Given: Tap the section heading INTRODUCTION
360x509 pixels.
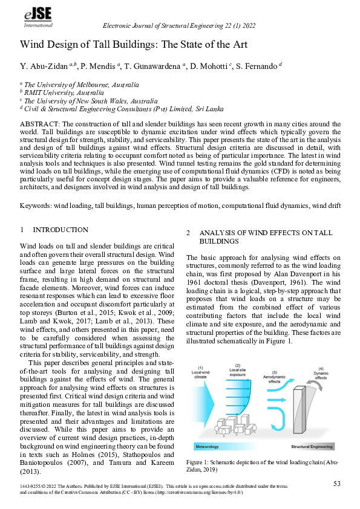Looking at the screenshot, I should point(60,230).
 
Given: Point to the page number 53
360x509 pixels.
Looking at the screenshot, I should point(337,483).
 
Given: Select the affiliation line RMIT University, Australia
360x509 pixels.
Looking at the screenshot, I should point(63,93).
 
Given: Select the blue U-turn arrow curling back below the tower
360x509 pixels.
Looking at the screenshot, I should point(276,423).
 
